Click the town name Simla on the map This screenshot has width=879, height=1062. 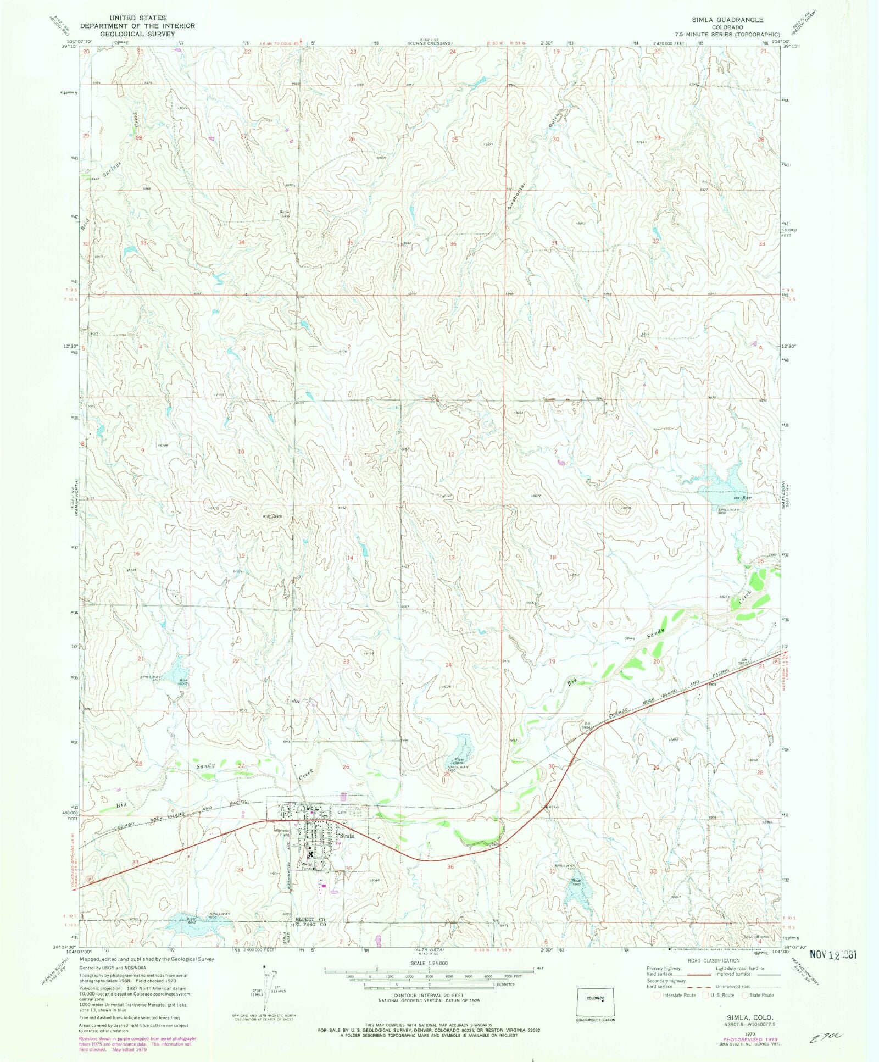(x=347, y=836)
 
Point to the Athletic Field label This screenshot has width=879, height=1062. (x=282, y=832)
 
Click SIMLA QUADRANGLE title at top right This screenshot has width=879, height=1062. (x=727, y=20)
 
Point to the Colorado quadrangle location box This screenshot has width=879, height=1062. (x=596, y=1003)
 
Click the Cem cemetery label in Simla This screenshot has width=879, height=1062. (x=341, y=812)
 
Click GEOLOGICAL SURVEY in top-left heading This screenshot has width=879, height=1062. (x=137, y=34)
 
